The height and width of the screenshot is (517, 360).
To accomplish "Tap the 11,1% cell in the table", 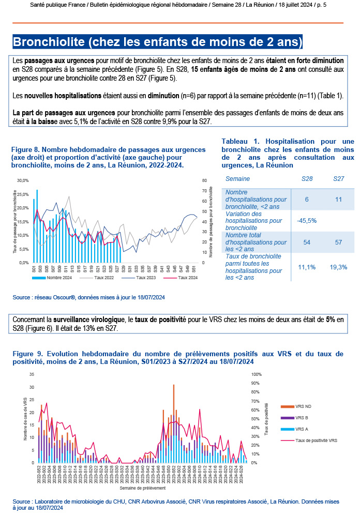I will (307, 267).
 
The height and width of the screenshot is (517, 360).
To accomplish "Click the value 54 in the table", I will (307, 242).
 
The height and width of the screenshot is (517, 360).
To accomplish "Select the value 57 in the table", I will (339, 242).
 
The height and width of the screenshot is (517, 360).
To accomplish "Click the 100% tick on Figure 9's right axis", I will (257, 374).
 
